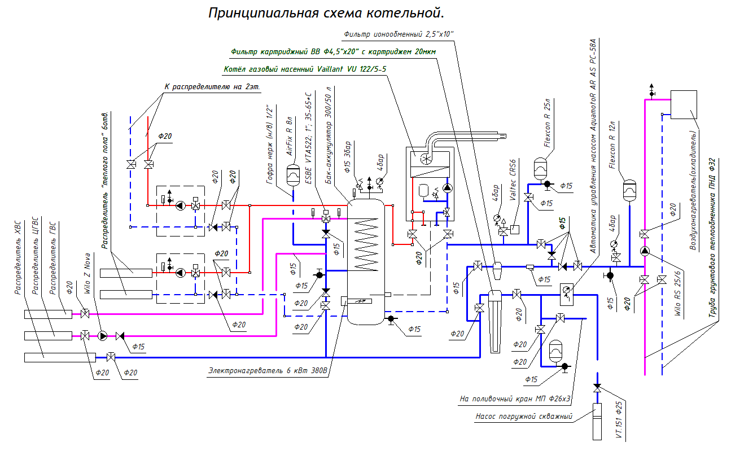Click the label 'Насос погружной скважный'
pyautogui.click(x=524, y=417)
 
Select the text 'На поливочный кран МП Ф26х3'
pyautogui.click(x=516, y=399)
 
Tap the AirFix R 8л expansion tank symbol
pyautogui.click(x=293, y=175)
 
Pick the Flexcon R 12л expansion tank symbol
pyautogui.click(x=629, y=191)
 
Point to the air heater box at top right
pyautogui.click(x=682, y=104)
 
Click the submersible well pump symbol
pyautogui.click(x=597, y=421)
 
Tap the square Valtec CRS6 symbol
pyautogui.click(x=515, y=230)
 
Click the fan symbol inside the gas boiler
pyautogui.click(x=427, y=160)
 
